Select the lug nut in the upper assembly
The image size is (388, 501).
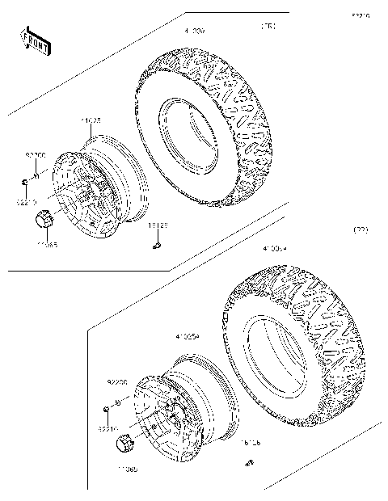[x=27, y=183]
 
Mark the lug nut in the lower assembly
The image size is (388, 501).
[x=104, y=408]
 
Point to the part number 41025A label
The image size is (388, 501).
[x=188, y=331]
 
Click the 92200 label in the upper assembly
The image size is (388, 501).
[x=35, y=154]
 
